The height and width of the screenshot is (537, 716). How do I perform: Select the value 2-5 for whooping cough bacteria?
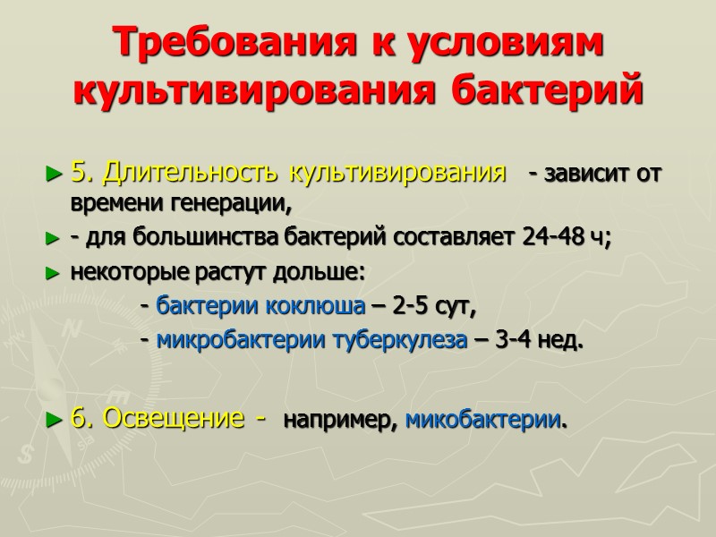[413, 307]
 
